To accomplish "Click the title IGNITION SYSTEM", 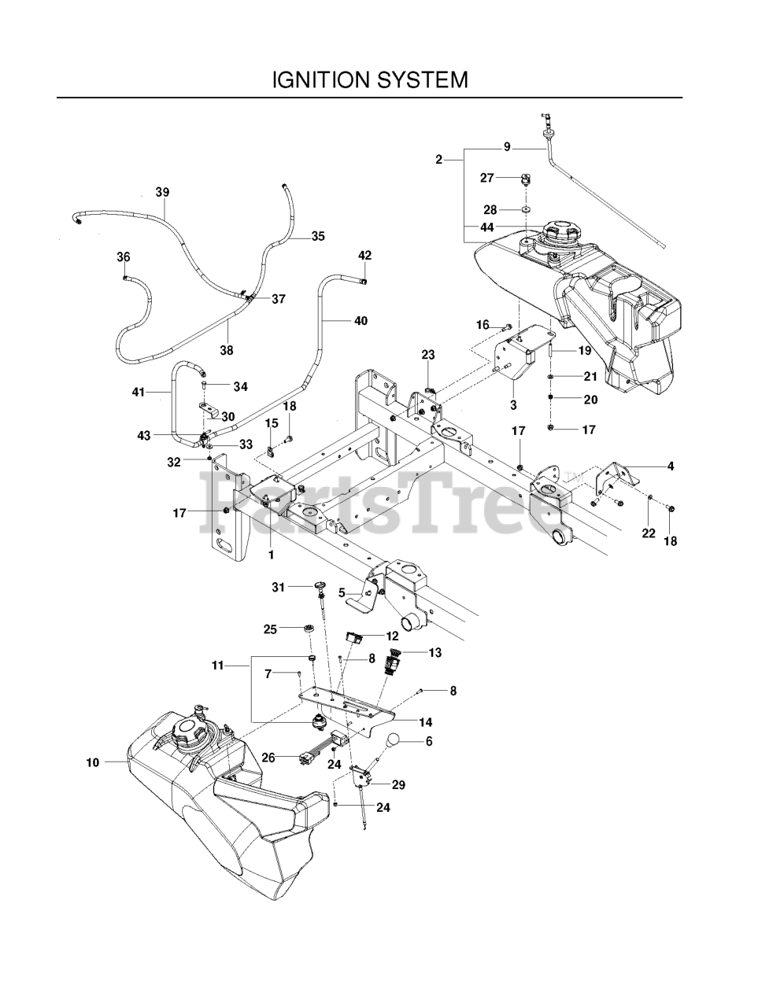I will (369, 79).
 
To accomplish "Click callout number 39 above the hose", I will (162, 192).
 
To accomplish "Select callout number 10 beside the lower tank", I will (93, 762).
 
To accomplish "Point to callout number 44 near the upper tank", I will (487, 227).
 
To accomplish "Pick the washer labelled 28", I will (525, 210).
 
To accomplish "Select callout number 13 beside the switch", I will (435, 652).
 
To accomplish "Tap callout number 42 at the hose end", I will (364, 255).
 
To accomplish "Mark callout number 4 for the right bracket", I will (670, 466).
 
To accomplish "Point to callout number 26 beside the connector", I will (268, 758).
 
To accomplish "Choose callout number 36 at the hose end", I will (123, 256).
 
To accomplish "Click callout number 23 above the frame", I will (427, 355).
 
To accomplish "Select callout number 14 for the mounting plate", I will (426, 721).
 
